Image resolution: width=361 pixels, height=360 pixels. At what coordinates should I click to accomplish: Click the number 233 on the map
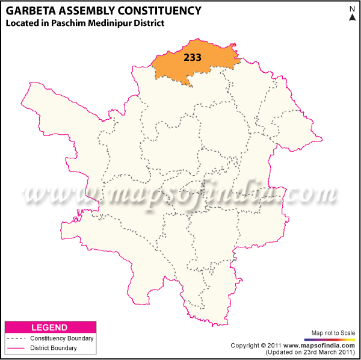[x=192, y=58]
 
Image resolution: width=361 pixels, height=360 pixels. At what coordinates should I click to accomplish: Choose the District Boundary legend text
[x=55, y=348]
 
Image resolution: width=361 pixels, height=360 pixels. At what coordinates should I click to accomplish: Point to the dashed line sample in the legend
[x=18, y=338]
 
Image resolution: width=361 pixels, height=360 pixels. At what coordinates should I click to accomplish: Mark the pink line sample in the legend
[x=18, y=348]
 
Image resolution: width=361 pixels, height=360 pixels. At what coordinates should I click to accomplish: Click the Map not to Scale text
[x=332, y=333]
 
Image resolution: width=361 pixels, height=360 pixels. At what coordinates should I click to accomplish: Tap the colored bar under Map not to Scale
[x=332, y=339]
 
